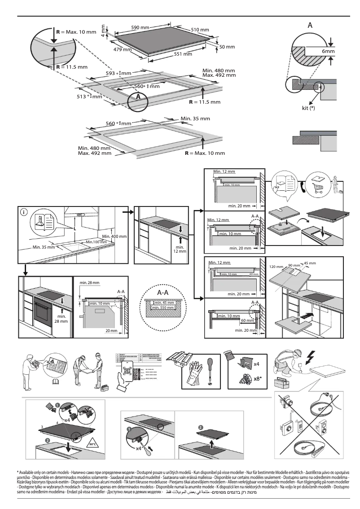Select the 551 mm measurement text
coord(183,54)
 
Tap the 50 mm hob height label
coord(227,47)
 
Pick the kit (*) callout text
coord(310,108)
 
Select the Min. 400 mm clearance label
coord(114,236)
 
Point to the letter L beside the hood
coord(75,228)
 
